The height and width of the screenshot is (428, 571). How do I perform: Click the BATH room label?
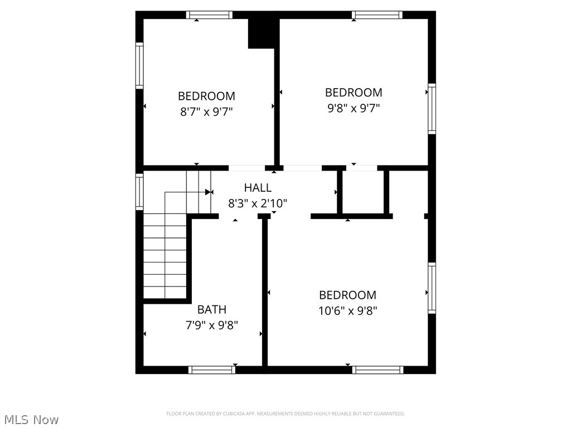coord(212,309)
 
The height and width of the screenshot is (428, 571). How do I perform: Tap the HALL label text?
coord(258,188)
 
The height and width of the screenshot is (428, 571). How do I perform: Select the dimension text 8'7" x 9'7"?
coord(206,111)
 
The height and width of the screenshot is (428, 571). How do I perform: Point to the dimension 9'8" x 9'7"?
coord(354,108)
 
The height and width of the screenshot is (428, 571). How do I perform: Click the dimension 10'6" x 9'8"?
coord(347,311)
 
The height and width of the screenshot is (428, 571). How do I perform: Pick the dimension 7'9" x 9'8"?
coord(212,325)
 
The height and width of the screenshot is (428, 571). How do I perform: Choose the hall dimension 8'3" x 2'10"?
coord(258,203)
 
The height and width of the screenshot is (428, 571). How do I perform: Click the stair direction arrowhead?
coord(209,192)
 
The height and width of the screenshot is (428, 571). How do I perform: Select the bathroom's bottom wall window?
coord(212,369)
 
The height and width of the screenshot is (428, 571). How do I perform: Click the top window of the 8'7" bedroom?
coord(209,15)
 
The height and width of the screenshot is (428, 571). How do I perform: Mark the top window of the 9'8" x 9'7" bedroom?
coord(377,15)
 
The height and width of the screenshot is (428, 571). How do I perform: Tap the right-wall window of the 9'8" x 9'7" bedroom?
coord(432,109)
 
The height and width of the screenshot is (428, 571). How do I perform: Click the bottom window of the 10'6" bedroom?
coord(378,369)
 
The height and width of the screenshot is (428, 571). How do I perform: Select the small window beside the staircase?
coord(139,192)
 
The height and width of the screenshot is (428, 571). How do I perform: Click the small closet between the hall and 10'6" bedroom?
coord(362,192)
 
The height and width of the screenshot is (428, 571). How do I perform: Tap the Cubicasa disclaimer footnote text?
coord(285,414)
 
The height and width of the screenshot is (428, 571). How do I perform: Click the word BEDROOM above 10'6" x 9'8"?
coord(347,295)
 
